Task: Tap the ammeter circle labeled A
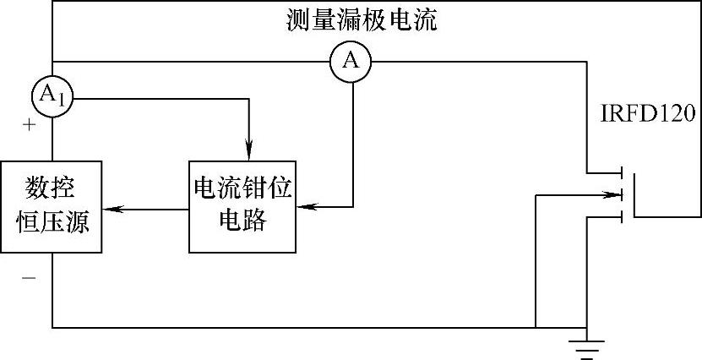(x=353, y=61)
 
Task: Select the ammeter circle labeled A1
(x=52, y=96)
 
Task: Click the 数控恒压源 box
(x=52, y=205)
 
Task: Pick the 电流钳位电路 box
(x=242, y=205)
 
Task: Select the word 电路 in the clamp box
(x=242, y=221)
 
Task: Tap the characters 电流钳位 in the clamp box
(x=242, y=188)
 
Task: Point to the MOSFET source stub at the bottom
(x=606, y=217)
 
